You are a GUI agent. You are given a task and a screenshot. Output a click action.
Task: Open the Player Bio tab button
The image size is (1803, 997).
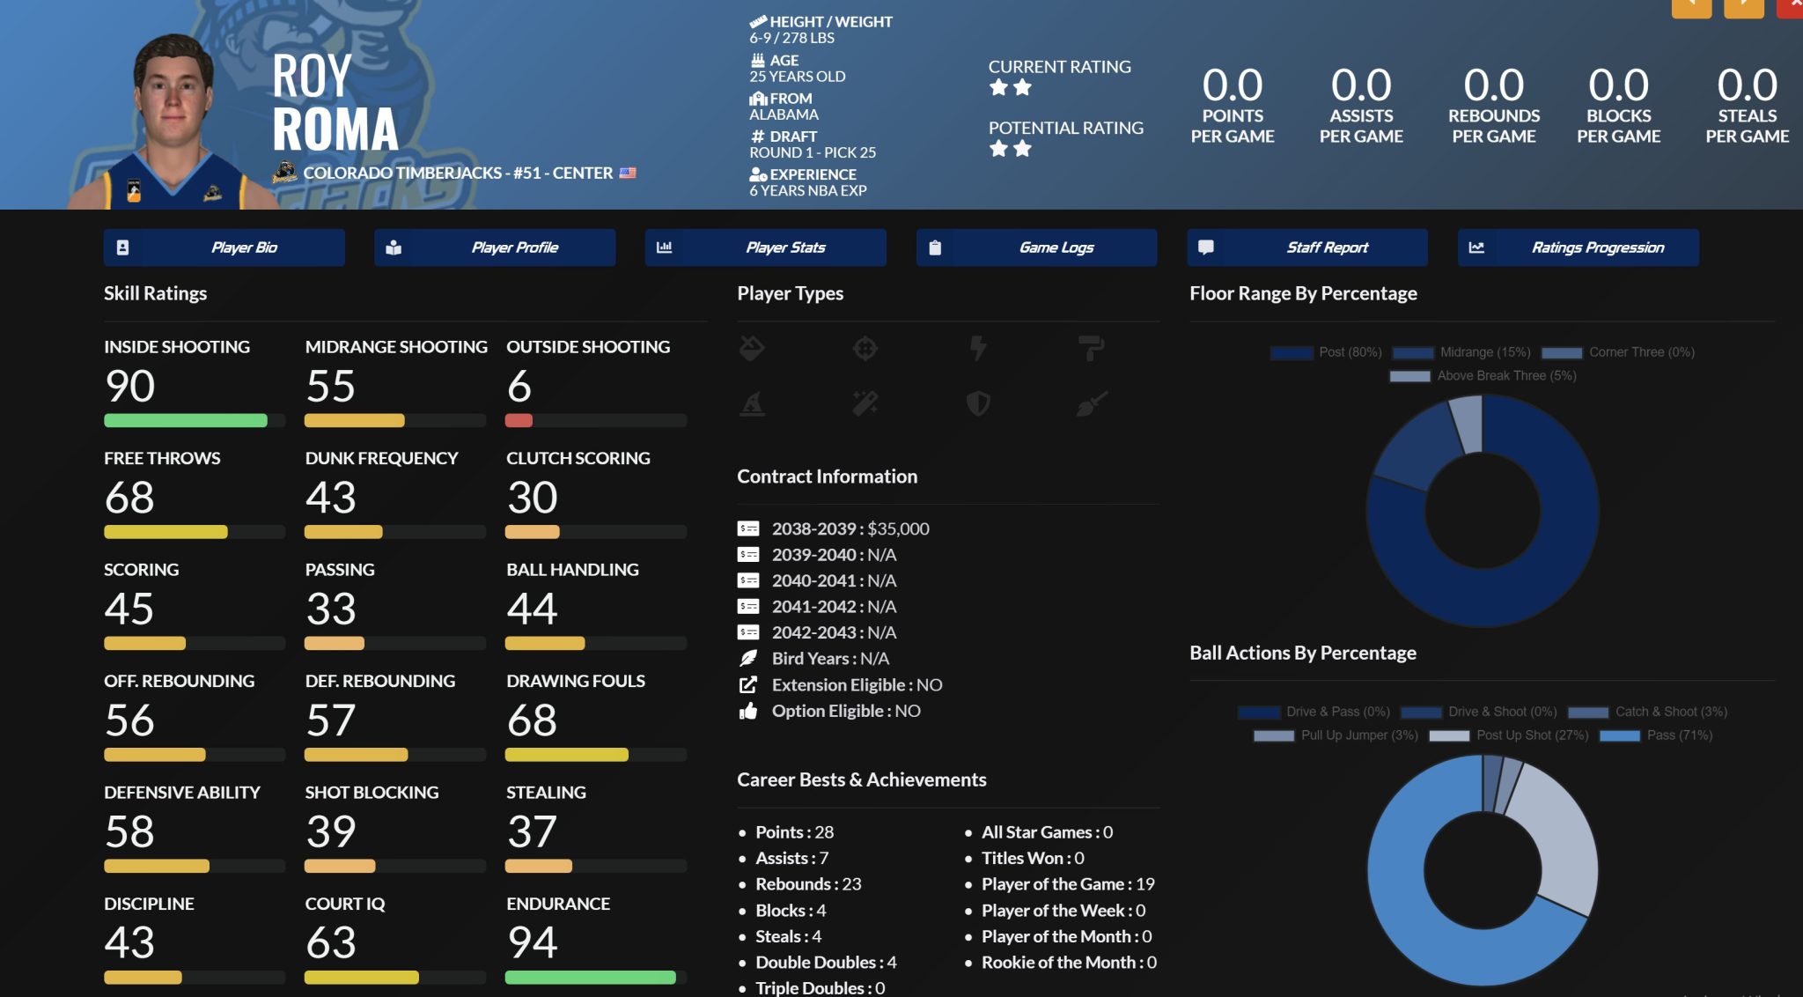(x=224, y=247)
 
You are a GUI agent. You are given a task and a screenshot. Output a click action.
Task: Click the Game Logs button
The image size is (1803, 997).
(x=1036, y=247)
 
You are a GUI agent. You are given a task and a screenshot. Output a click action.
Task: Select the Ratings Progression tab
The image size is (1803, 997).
(x=1578, y=247)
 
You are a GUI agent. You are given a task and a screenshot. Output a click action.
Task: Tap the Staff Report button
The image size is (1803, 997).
(x=1307, y=247)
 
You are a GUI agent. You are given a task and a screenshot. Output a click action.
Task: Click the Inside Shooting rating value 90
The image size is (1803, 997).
(x=129, y=386)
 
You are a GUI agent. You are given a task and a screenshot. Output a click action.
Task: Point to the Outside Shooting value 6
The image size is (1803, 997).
(x=519, y=386)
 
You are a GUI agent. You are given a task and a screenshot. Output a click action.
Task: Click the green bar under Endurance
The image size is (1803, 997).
(x=590, y=977)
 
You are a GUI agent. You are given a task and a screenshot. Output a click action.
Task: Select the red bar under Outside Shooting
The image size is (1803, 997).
(x=519, y=420)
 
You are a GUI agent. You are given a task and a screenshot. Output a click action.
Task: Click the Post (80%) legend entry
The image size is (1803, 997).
(x=1327, y=352)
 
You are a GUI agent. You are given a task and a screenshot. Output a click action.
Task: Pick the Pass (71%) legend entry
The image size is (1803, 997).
(x=1656, y=735)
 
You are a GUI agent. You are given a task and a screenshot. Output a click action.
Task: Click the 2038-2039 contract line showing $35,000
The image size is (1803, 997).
(x=850, y=528)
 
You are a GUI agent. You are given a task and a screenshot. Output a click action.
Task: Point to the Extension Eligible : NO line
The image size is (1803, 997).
(x=856, y=684)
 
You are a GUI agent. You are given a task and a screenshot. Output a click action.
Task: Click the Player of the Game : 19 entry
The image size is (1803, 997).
(x=1067, y=883)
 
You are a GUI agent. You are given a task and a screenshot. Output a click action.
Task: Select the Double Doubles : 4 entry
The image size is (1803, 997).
(x=825, y=962)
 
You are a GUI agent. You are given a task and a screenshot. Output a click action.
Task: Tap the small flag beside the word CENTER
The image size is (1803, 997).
(x=627, y=173)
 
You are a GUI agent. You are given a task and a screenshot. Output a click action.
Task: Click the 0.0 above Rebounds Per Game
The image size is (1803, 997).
(x=1493, y=85)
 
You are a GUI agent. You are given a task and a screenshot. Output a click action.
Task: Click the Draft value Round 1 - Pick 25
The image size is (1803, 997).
(x=812, y=152)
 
